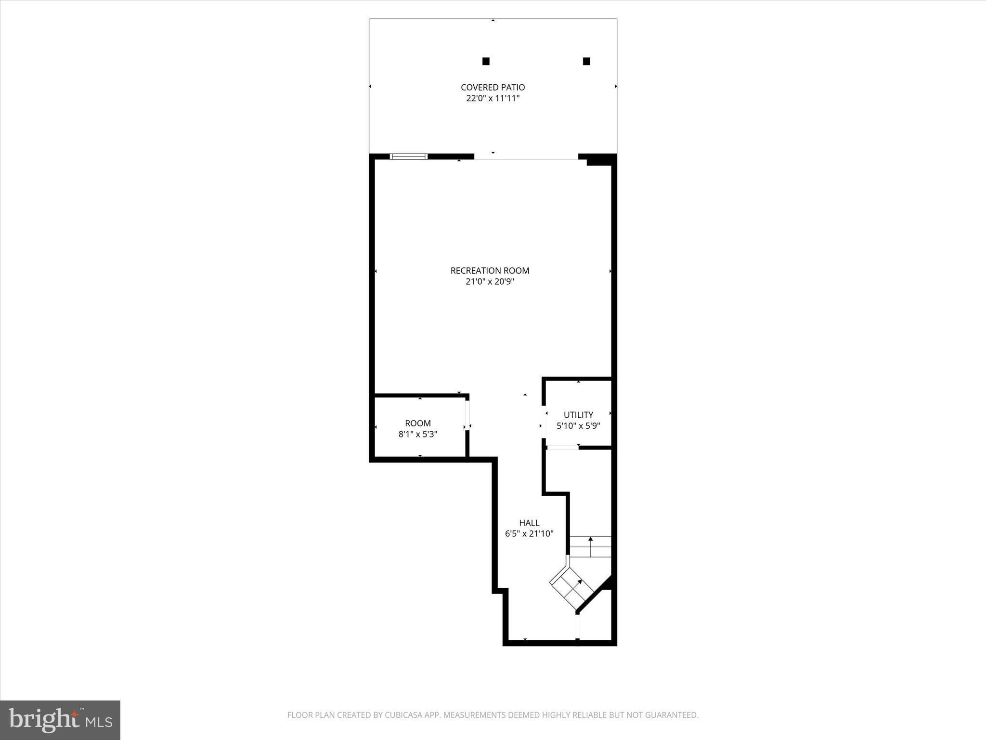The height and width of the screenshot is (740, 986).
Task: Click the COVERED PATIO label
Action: [493, 87]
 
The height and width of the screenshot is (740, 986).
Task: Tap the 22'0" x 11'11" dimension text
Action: [493, 98]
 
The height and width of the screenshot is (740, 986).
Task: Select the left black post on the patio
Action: [486, 61]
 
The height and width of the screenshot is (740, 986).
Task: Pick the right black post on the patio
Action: [586, 61]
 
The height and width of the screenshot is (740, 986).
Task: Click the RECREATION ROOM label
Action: [490, 271]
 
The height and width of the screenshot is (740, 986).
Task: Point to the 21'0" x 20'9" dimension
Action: [490, 282]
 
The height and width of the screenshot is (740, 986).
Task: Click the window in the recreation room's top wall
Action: [408, 156]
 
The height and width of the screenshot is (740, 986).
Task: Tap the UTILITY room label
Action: [578, 415]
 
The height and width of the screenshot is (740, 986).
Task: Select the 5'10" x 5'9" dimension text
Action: [578, 426]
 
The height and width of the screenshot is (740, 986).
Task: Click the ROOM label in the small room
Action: [417, 423]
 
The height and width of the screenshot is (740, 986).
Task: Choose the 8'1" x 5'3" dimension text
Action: [417, 435]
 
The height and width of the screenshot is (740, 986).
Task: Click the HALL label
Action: [529, 523]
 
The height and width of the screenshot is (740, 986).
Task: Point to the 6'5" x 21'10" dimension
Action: [529, 534]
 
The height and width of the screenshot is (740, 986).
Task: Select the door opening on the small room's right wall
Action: [467, 415]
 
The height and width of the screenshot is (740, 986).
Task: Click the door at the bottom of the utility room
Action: [562, 448]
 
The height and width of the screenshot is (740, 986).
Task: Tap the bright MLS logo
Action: [60, 720]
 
